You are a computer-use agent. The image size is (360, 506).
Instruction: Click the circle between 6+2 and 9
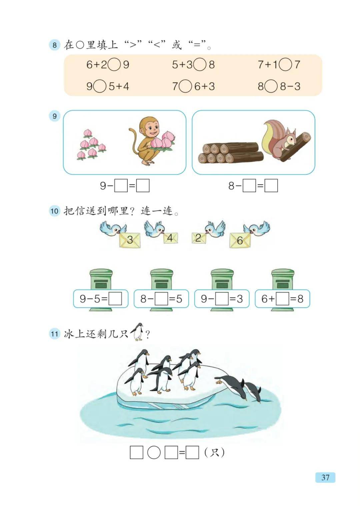[x=114, y=64]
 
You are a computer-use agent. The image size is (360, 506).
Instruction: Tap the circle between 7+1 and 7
[x=285, y=64]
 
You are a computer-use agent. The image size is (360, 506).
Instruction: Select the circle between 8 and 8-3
[x=272, y=87]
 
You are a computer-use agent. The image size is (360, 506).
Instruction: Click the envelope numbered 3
[x=130, y=240]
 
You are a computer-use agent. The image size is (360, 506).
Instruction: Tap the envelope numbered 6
[x=240, y=240]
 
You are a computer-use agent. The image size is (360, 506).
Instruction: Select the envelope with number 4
[x=170, y=238]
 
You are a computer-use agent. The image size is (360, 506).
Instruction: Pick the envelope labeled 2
[x=199, y=238]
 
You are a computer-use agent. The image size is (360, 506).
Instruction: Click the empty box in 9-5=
[x=115, y=299]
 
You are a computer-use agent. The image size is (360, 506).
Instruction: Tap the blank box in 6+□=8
[x=282, y=299]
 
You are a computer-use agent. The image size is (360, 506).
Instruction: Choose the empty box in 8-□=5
[x=161, y=299]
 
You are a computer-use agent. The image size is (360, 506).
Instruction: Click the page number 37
[x=325, y=477]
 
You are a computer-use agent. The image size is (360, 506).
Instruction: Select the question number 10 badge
[x=54, y=211]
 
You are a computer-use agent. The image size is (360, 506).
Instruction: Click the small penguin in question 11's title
[x=137, y=332]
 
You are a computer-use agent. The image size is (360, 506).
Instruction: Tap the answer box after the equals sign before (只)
[x=192, y=453]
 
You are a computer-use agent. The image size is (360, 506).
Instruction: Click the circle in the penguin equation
[x=154, y=453]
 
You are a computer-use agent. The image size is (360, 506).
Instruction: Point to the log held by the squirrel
[x=296, y=146]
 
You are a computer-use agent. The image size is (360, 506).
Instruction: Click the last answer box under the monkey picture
[x=143, y=186]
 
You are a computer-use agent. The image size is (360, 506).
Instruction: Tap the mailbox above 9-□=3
[x=222, y=280]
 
